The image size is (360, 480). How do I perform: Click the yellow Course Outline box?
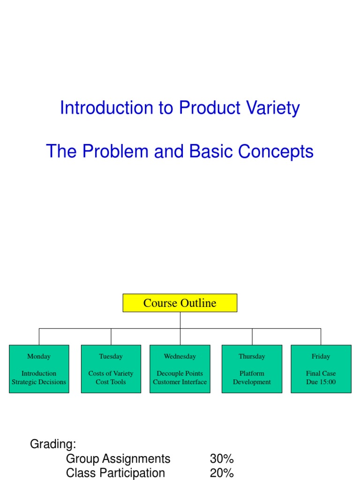(180, 303)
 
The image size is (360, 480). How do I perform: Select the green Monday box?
(39, 369)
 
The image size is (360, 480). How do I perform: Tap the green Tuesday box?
(111, 369)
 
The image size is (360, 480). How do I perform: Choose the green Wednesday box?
(180, 369)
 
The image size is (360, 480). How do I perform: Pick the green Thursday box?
(252, 369)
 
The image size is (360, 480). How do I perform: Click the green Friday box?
(321, 369)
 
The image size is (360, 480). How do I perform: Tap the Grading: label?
(53, 444)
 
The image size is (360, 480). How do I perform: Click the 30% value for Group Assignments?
(222, 458)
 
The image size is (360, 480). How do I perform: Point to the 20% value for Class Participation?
(222, 473)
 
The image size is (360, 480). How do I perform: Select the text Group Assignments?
(118, 458)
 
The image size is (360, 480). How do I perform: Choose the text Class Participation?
(115, 473)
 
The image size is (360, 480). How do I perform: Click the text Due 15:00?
(321, 382)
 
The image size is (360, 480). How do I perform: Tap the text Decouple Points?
(180, 374)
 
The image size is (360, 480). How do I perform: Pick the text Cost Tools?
(111, 382)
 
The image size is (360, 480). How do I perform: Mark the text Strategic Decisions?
(39, 382)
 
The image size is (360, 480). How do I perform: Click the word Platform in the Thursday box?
(252, 374)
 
